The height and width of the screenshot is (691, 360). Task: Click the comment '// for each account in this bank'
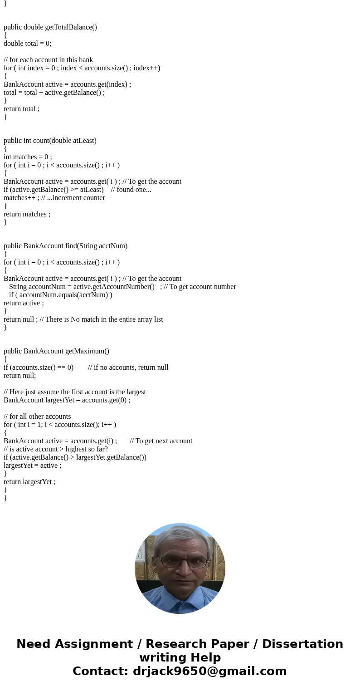tap(48, 60)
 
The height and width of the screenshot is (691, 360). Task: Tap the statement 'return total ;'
tap(21, 109)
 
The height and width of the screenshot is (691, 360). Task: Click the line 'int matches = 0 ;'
tap(28, 157)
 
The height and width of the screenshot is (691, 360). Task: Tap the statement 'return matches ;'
tap(27, 214)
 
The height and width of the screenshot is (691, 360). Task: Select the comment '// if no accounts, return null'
tap(128, 368)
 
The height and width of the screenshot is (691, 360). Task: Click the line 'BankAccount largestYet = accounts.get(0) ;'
tap(67, 400)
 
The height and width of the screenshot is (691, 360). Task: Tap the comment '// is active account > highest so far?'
tap(56, 449)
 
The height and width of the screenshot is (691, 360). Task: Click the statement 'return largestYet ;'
tap(29, 482)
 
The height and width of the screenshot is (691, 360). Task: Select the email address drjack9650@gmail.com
tap(209, 671)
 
